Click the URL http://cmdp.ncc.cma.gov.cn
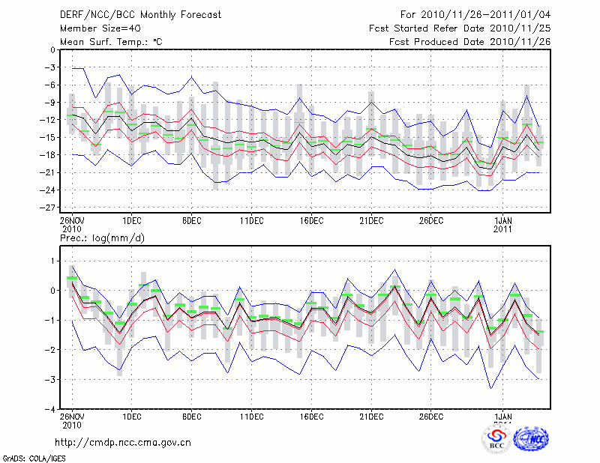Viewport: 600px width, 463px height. click(124, 442)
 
